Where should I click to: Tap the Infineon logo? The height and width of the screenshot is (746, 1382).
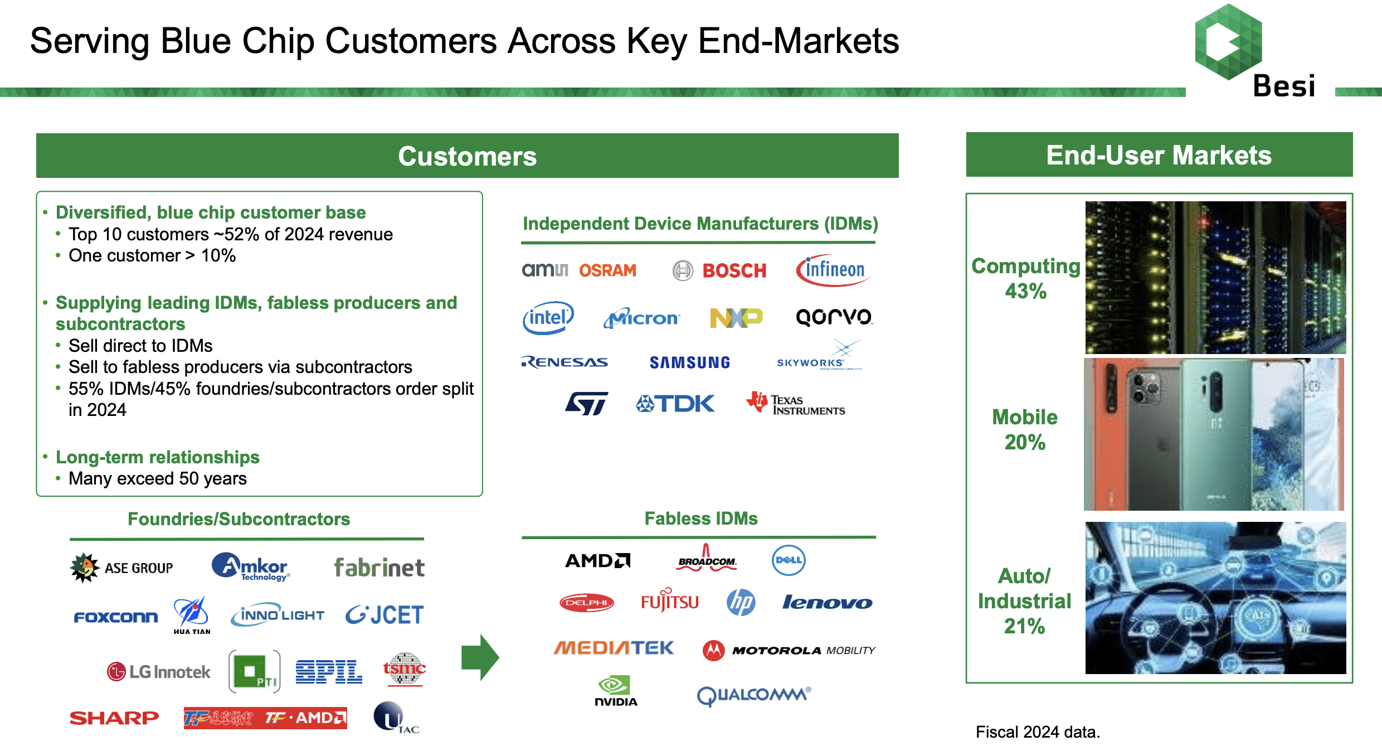click(x=833, y=270)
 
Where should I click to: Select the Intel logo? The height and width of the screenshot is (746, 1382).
click(x=548, y=318)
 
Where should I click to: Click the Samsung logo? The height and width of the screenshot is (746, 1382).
click(x=689, y=363)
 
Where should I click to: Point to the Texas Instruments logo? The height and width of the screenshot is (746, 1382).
click(x=796, y=404)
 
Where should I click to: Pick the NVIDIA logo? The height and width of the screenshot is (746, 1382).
click(x=615, y=691)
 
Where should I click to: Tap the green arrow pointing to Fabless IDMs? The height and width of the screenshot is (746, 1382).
click(x=480, y=657)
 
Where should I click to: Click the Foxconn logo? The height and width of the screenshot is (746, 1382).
click(x=116, y=617)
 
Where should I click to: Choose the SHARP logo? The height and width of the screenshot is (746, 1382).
click(x=114, y=718)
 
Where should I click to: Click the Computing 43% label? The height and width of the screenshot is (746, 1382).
click(x=1025, y=278)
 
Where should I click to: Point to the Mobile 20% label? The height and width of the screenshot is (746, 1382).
click(x=1025, y=429)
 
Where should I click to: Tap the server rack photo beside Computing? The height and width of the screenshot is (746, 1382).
click(x=1215, y=277)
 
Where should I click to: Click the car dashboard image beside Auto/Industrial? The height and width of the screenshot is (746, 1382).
click(x=1215, y=598)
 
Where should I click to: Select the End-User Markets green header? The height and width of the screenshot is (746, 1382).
click(x=1159, y=155)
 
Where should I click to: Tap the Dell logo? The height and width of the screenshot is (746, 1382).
click(x=789, y=560)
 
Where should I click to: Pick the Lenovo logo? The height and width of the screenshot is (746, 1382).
click(x=827, y=603)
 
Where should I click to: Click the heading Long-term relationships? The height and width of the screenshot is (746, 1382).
click(x=158, y=457)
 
